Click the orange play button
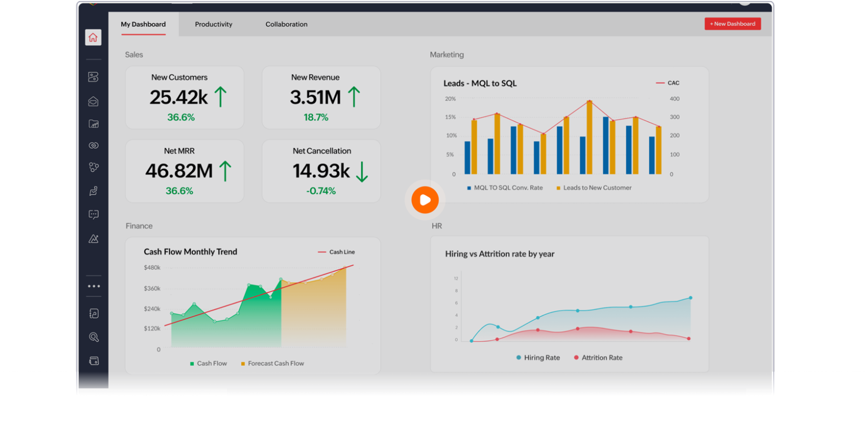click(x=425, y=200)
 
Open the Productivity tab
click(x=214, y=24)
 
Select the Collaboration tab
click(x=286, y=24)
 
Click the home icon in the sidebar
click(x=93, y=38)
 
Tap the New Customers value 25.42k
click(x=178, y=97)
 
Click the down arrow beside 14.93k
click(x=361, y=171)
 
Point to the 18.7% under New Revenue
click(x=316, y=117)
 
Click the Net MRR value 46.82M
click(x=179, y=171)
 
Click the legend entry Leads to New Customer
click(x=597, y=188)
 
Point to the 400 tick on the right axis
click(x=674, y=99)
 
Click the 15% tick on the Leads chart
click(x=450, y=117)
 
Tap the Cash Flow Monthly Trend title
click(x=190, y=252)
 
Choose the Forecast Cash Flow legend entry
click(x=275, y=363)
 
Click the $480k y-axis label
click(x=152, y=268)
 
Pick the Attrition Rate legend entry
click(x=602, y=358)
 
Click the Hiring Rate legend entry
click(x=541, y=358)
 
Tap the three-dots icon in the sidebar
click(x=94, y=286)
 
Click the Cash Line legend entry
click(x=341, y=252)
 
